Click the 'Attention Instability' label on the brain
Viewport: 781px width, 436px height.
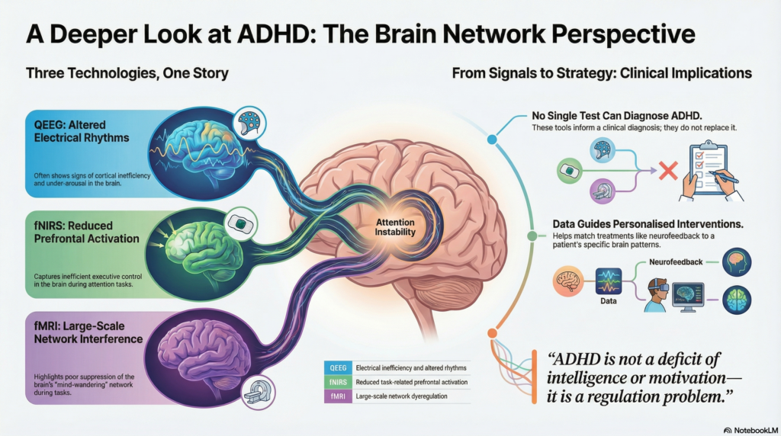394,227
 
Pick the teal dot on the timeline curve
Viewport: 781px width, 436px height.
493,140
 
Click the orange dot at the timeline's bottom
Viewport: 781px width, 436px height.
491,333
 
